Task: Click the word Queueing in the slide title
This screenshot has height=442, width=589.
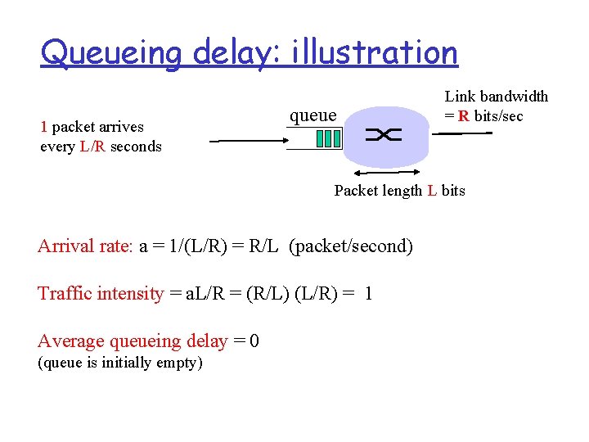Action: point(113,53)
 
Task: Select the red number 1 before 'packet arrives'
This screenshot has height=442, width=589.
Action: point(44,127)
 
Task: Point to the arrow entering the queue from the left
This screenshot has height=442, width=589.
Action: point(245,142)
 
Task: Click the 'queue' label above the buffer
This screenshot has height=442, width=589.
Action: point(312,115)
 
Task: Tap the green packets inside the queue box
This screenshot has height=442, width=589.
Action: point(328,138)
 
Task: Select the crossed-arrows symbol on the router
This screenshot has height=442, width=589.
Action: point(384,136)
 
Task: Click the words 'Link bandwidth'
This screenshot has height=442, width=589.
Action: point(496,97)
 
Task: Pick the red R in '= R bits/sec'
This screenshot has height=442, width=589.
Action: point(464,116)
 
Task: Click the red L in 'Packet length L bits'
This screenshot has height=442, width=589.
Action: point(431,191)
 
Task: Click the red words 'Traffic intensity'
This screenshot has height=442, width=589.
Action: point(101,294)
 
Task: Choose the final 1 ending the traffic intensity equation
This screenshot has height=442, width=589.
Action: point(368,294)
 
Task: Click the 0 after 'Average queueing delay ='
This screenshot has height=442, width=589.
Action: point(254,341)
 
